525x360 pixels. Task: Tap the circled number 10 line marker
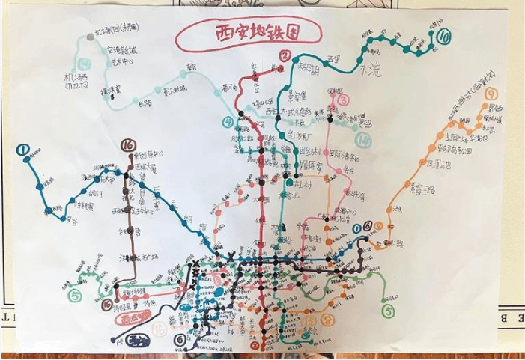click(444, 35)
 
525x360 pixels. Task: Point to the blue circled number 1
click(24, 151)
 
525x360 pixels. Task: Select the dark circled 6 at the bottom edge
click(179, 339)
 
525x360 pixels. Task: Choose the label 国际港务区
click(345, 157)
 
